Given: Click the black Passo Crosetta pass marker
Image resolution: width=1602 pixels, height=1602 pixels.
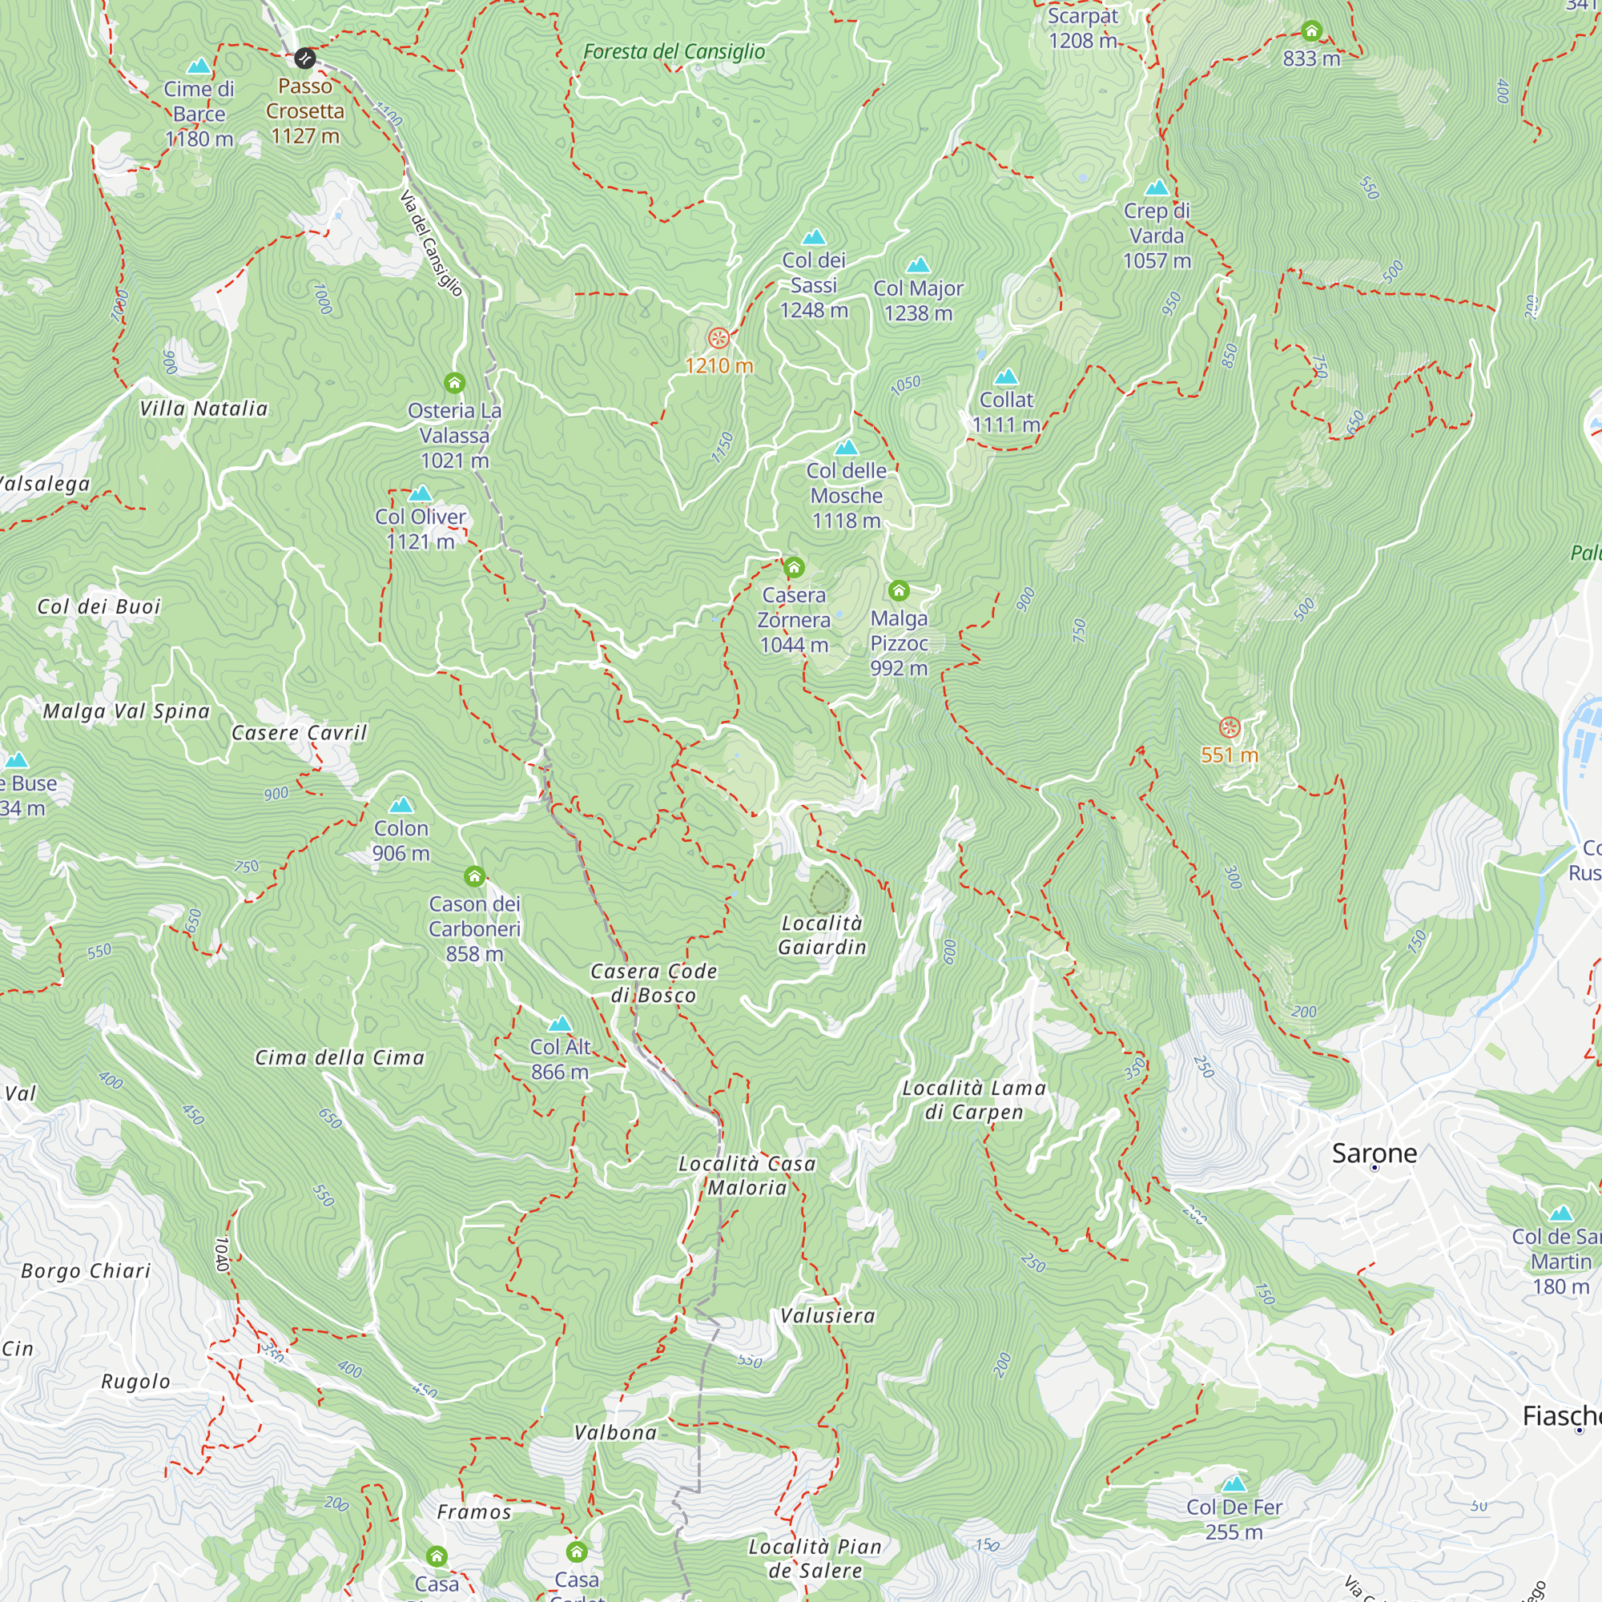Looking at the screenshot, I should pyautogui.click(x=304, y=58).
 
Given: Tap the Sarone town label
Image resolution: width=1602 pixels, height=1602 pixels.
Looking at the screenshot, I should pyautogui.click(x=1374, y=1153).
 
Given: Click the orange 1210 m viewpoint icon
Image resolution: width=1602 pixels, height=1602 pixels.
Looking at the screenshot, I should pyautogui.click(x=718, y=338).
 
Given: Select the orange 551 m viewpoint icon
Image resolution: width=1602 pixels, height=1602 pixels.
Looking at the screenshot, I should pyautogui.click(x=1230, y=728).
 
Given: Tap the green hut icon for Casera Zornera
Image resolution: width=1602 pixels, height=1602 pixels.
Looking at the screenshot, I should pyautogui.click(x=794, y=568).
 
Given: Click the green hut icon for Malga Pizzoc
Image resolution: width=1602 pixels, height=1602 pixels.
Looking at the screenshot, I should pyautogui.click(x=899, y=591).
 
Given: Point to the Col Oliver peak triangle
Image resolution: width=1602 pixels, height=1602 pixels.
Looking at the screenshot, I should pyautogui.click(x=421, y=494).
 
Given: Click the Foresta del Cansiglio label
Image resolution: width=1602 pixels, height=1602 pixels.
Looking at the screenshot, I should pyautogui.click(x=674, y=51).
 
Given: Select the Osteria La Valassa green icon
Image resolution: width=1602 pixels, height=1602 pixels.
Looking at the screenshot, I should pyautogui.click(x=454, y=383).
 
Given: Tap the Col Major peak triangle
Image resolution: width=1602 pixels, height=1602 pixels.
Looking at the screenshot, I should pyautogui.click(x=918, y=265).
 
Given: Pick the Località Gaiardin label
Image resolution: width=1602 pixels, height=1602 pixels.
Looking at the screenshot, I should pyautogui.click(x=822, y=936).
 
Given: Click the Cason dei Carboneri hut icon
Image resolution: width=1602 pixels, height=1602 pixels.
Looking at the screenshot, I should pyautogui.click(x=474, y=876).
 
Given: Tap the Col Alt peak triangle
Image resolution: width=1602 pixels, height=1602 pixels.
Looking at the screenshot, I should pyautogui.click(x=561, y=1024).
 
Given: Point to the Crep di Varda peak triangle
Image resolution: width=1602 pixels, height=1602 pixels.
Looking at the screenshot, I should pyautogui.click(x=1157, y=187).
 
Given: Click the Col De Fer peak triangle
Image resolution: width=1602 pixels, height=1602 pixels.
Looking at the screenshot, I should pyautogui.click(x=1234, y=1483).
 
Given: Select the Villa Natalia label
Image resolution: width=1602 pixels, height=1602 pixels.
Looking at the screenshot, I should pyautogui.click(x=203, y=409).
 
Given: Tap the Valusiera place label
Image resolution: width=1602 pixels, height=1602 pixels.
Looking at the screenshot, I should pyautogui.click(x=827, y=1316).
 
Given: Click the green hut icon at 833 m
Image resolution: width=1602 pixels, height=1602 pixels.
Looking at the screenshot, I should pyautogui.click(x=1311, y=31).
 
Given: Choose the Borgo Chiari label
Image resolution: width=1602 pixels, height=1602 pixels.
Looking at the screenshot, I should pyautogui.click(x=87, y=1271).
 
